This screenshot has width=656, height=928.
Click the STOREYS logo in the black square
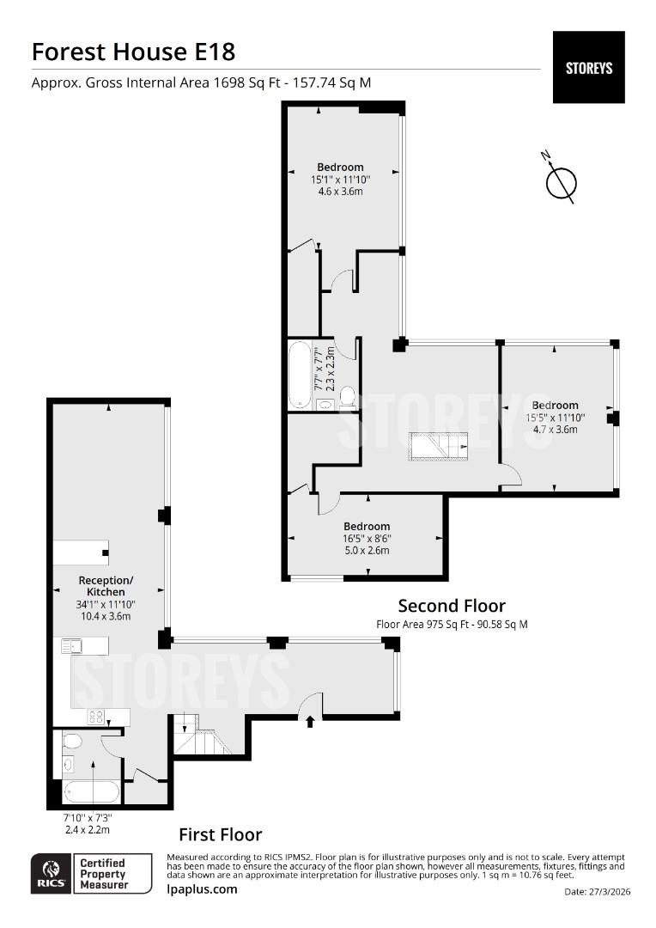coord(588,68)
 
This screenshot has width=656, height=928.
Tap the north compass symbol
coord(560,180)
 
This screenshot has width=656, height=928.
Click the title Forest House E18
coord(134,52)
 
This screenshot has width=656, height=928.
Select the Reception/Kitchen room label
coord(106,586)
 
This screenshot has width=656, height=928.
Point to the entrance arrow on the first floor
coord(311,722)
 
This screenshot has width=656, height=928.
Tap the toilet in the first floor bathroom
coord(72,742)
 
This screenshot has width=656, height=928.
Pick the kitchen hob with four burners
coord(96,717)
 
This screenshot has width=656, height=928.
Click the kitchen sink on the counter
coord(71,645)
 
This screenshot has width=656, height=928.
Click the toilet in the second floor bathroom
coord(347,399)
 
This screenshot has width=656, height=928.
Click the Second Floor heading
coord(452,606)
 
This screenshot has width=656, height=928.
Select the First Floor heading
coord(221,834)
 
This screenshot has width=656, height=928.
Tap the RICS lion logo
coord(51,873)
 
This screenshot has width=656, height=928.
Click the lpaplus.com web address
coord(202,889)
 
